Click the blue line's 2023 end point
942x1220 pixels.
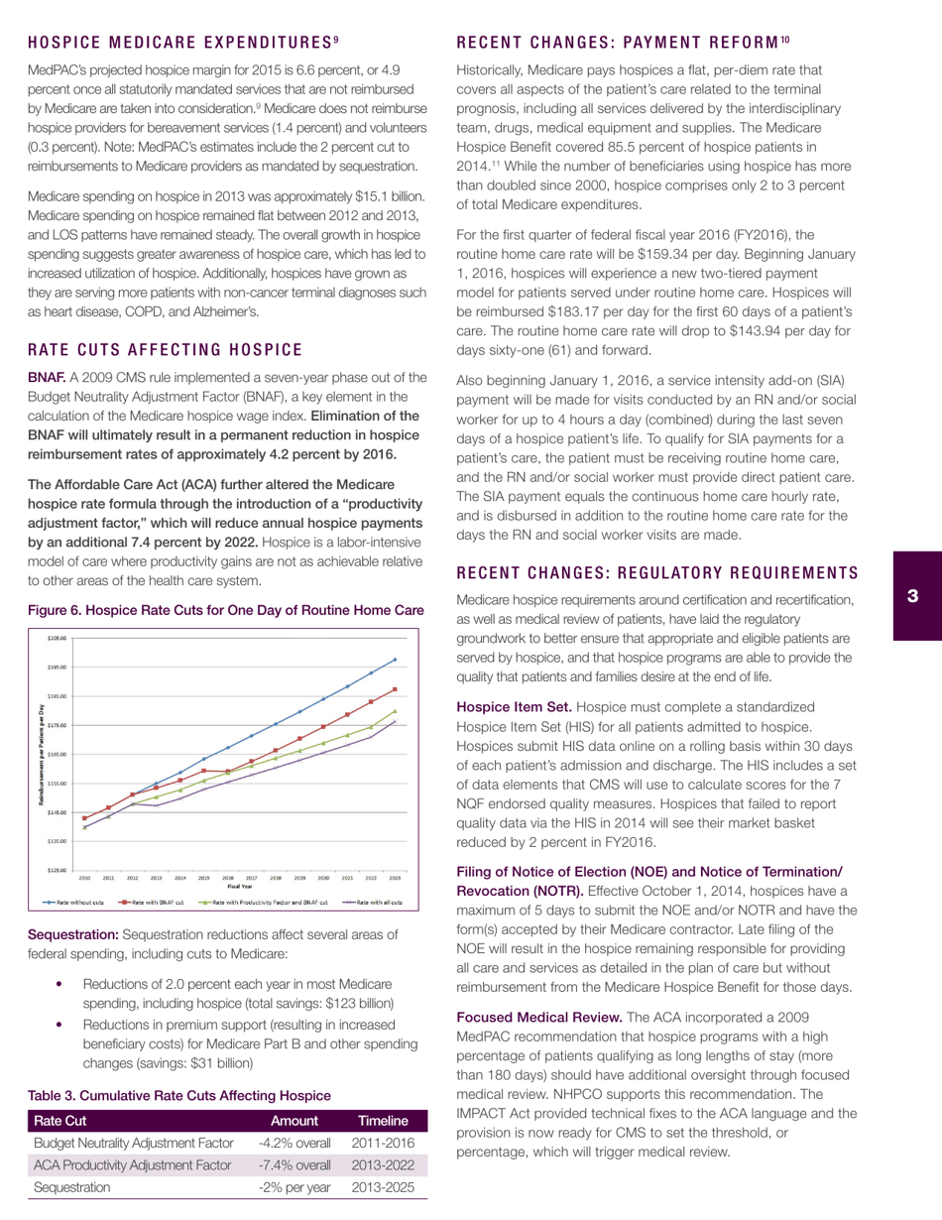point(395,659)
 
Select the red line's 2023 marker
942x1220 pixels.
point(395,689)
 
